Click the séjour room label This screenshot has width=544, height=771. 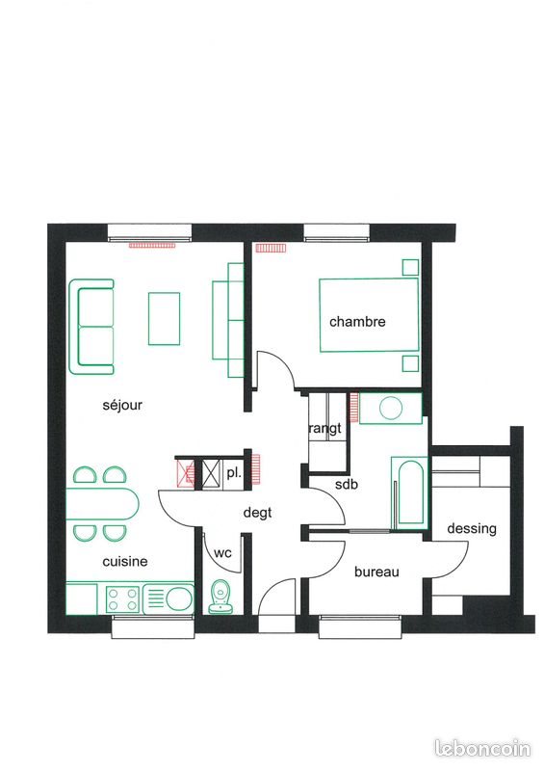[x=122, y=406]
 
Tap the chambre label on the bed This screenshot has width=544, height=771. [x=357, y=322]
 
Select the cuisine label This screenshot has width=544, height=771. [x=125, y=561]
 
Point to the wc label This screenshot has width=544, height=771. [x=222, y=553]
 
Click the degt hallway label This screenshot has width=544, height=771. [x=257, y=514]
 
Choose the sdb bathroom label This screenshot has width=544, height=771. [x=346, y=485]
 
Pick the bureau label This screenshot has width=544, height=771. [x=376, y=572]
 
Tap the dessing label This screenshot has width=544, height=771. [x=472, y=529]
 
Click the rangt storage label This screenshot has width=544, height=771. [x=324, y=429]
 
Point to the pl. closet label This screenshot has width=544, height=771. [x=234, y=473]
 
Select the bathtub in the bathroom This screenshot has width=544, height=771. [x=409, y=492]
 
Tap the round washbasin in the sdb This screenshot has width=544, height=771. [x=391, y=408]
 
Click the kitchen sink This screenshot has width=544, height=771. [x=176, y=598]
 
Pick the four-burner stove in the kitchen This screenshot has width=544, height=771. [x=123, y=599]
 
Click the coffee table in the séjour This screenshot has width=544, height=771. [x=165, y=317]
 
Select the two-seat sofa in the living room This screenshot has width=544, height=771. [x=93, y=327]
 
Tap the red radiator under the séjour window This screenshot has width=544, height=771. [x=154, y=245]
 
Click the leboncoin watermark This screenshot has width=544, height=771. [x=484, y=748]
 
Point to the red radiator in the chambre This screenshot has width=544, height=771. [x=272, y=248]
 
